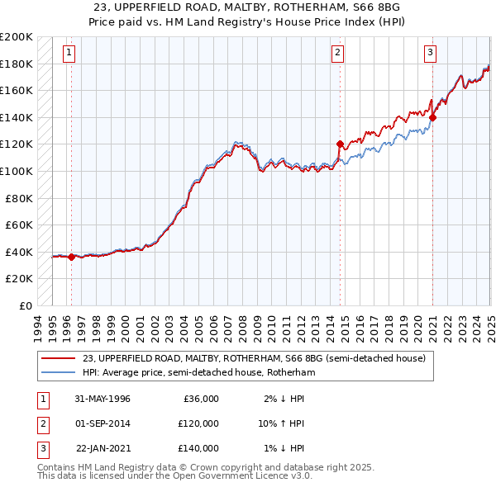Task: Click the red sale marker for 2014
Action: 340,144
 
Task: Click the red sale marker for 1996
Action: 71,257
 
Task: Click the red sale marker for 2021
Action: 432,117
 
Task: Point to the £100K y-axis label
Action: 17,171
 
